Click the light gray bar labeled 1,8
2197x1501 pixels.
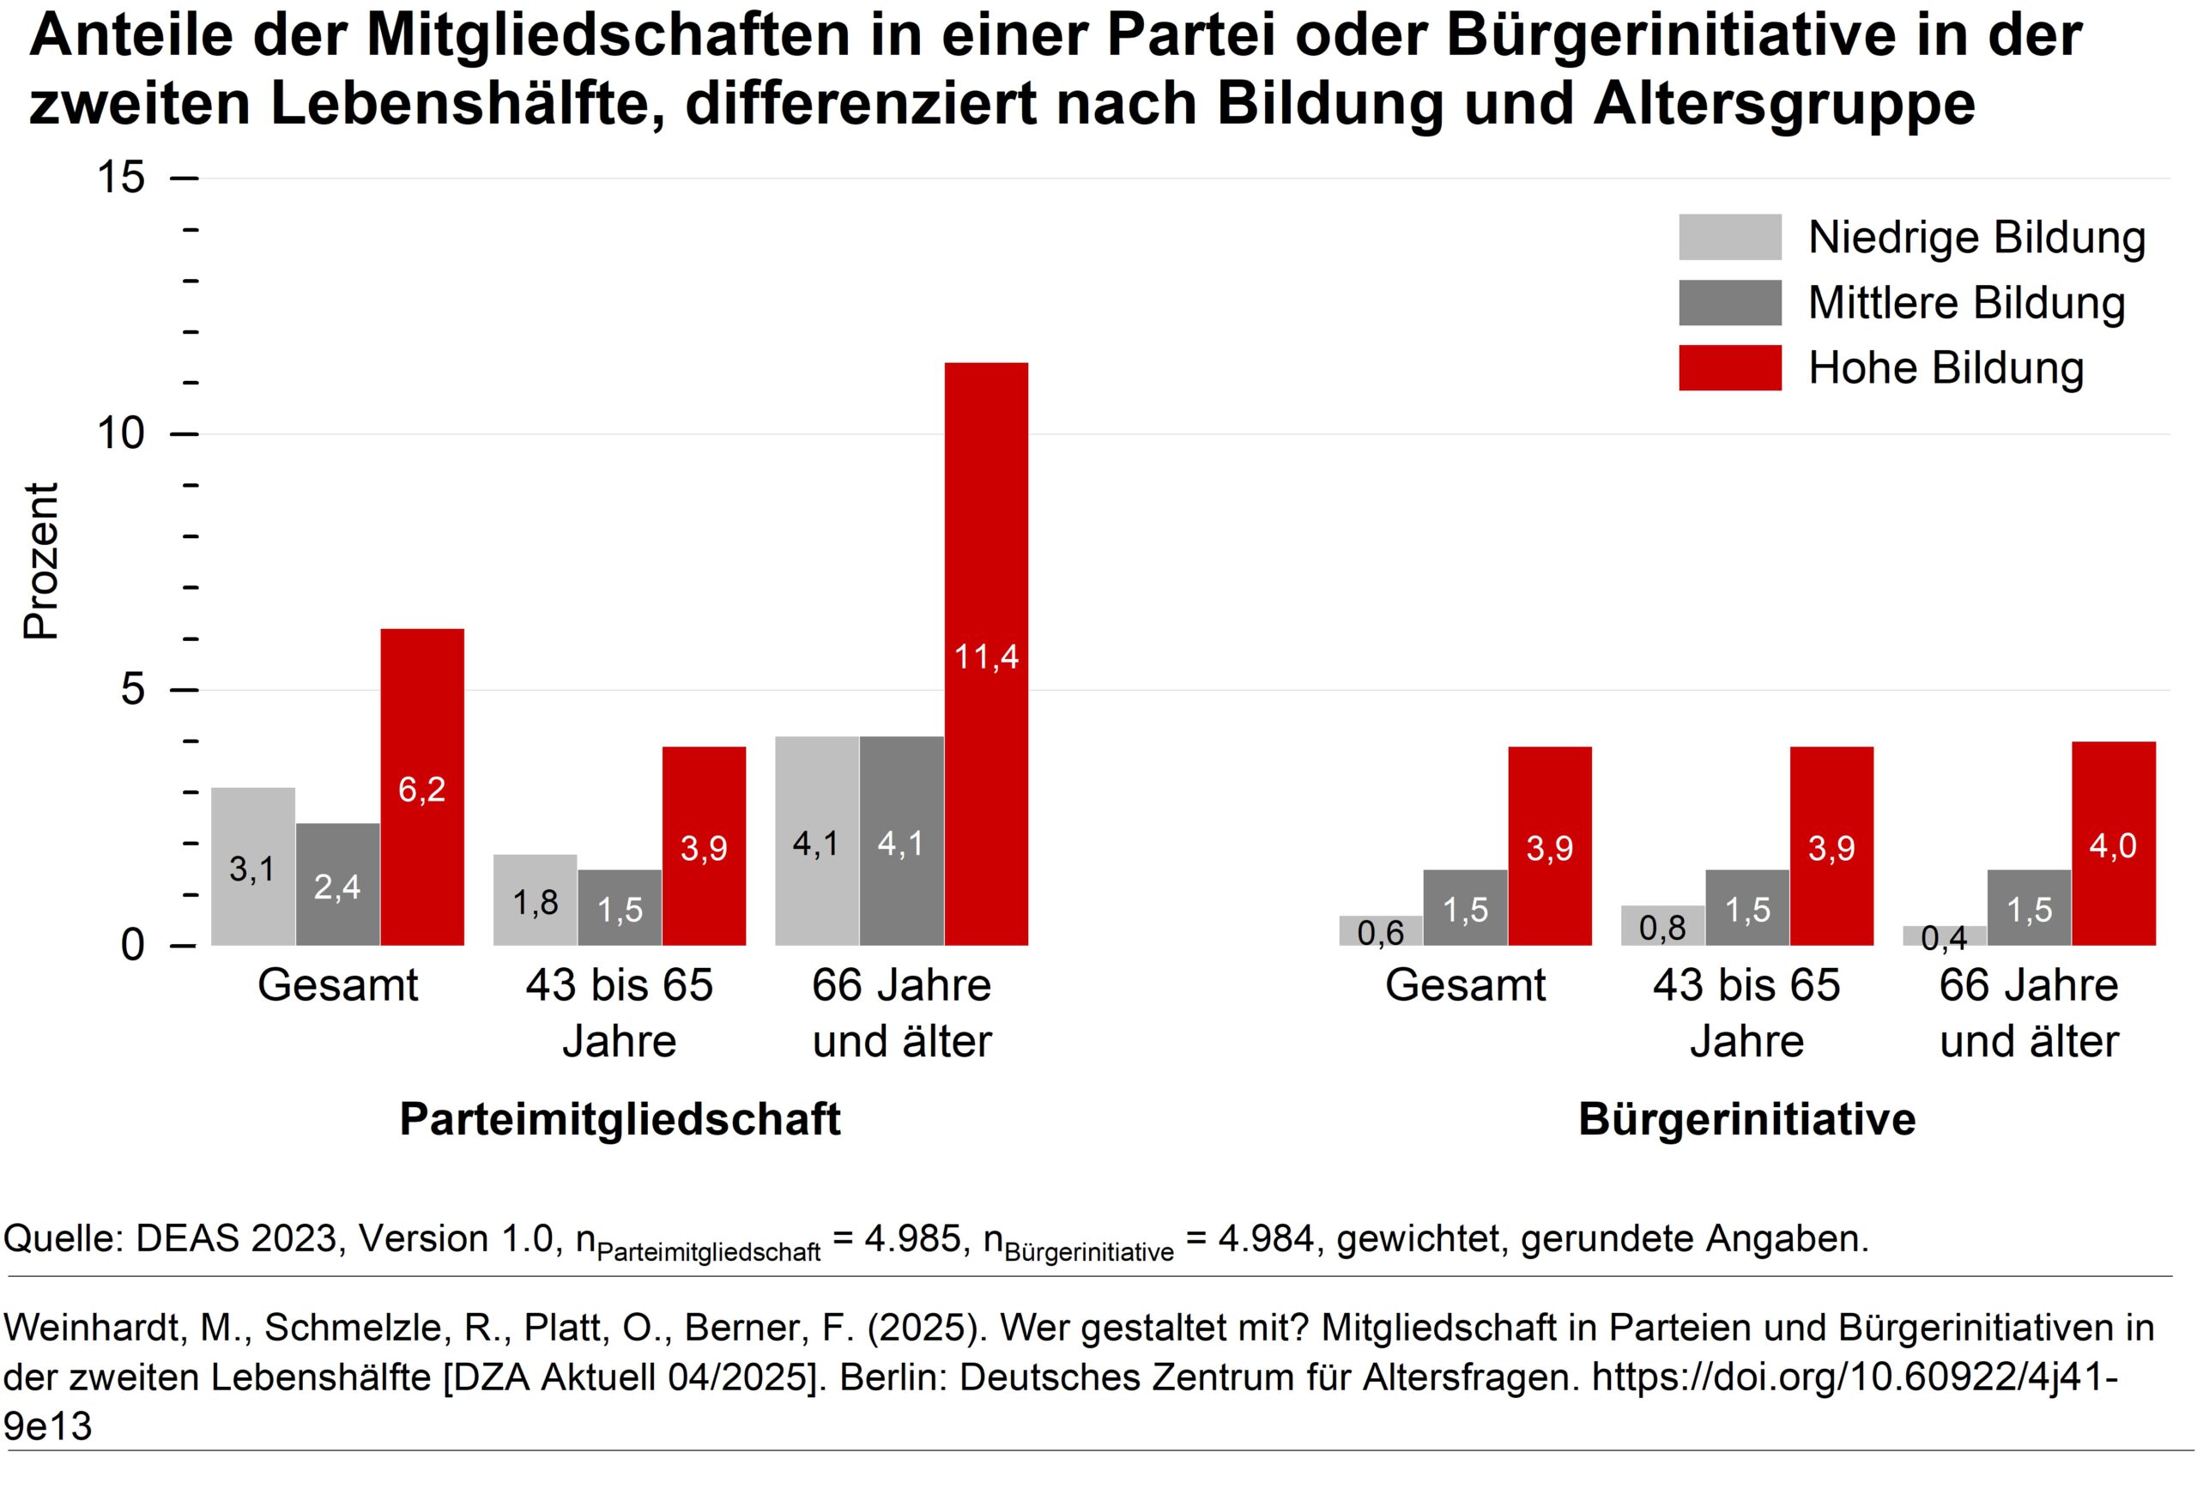coord(535,899)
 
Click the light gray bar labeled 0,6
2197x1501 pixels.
coord(1380,931)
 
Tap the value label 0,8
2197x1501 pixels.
coord(1662,927)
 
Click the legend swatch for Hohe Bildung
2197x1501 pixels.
coord(1729,367)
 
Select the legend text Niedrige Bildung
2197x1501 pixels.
coord(1976,237)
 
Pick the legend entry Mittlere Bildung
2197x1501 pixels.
coord(1966,302)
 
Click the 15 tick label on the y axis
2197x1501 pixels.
coord(121,178)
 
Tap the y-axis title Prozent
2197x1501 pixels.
coord(41,561)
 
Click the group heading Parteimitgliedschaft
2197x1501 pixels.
coord(620,1119)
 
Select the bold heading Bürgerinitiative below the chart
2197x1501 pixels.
coord(1746,1119)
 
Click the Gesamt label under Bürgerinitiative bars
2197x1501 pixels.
coord(1464,985)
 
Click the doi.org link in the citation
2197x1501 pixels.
coord(1853,1377)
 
